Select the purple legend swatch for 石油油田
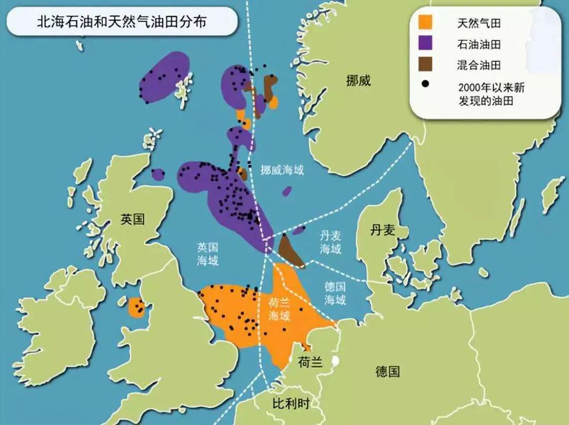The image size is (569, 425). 425,43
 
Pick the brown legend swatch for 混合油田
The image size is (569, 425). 425,64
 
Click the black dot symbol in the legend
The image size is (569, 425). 425,83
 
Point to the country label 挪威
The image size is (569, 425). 358,81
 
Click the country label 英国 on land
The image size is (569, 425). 132,219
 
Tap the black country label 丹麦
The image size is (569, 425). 382,231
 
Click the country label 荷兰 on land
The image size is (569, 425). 310,362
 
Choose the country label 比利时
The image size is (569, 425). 290,404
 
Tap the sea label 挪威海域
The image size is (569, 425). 282,170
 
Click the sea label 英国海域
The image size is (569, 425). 208,253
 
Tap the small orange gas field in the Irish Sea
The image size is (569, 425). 136,307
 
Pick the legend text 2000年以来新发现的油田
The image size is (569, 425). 491,94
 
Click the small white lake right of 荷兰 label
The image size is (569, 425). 335,361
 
